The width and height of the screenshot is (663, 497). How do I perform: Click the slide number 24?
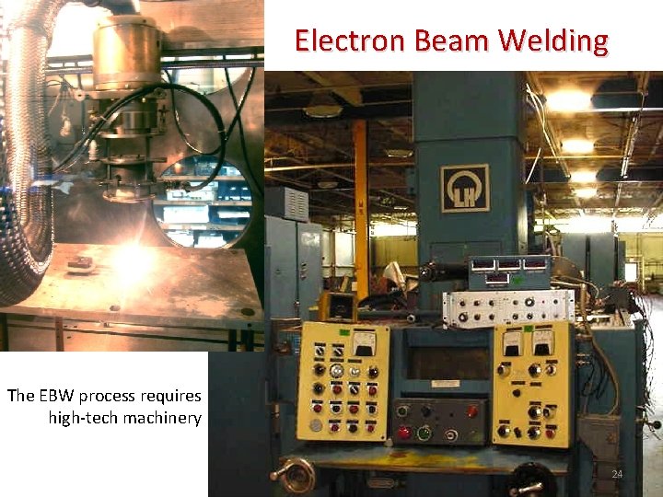618,474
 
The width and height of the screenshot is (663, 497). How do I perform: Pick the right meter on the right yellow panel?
542,340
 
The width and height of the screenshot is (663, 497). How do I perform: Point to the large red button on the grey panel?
402,432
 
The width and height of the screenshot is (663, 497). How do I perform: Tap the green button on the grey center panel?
425,431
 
